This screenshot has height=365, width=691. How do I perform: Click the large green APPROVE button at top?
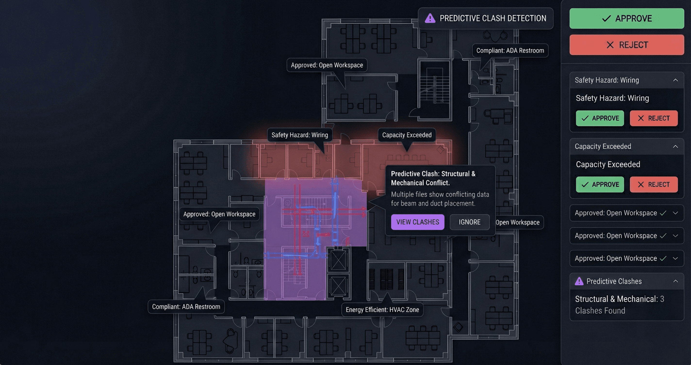(626, 18)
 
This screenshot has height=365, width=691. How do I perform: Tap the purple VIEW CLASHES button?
(417, 222)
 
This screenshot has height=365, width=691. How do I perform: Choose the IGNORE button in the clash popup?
(469, 222)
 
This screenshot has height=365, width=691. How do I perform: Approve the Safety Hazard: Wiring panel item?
(600, 118)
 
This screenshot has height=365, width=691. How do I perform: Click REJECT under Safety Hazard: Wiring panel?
(653, 118)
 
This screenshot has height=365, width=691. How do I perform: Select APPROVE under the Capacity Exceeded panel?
(600, 184)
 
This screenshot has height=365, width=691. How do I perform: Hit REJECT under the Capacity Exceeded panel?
(653, 184)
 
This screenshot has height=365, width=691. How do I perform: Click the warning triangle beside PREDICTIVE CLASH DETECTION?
(430, 18)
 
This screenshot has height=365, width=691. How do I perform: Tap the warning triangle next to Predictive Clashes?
(579, 281)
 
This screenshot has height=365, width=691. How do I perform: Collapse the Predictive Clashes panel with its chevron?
(675, 281)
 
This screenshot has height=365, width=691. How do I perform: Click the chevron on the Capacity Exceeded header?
(675, 146)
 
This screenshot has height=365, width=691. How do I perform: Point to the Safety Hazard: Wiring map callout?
(299, 135)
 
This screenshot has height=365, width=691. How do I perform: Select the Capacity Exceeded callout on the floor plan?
(407, 135)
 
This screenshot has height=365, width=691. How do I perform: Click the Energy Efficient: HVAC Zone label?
(382, 309)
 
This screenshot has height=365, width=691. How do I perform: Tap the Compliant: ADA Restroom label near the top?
(510, 50)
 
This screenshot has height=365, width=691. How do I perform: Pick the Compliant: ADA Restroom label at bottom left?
(186, 307)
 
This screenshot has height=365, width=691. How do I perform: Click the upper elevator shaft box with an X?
(338, 260)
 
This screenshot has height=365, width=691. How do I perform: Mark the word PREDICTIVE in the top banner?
(460, 18)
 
